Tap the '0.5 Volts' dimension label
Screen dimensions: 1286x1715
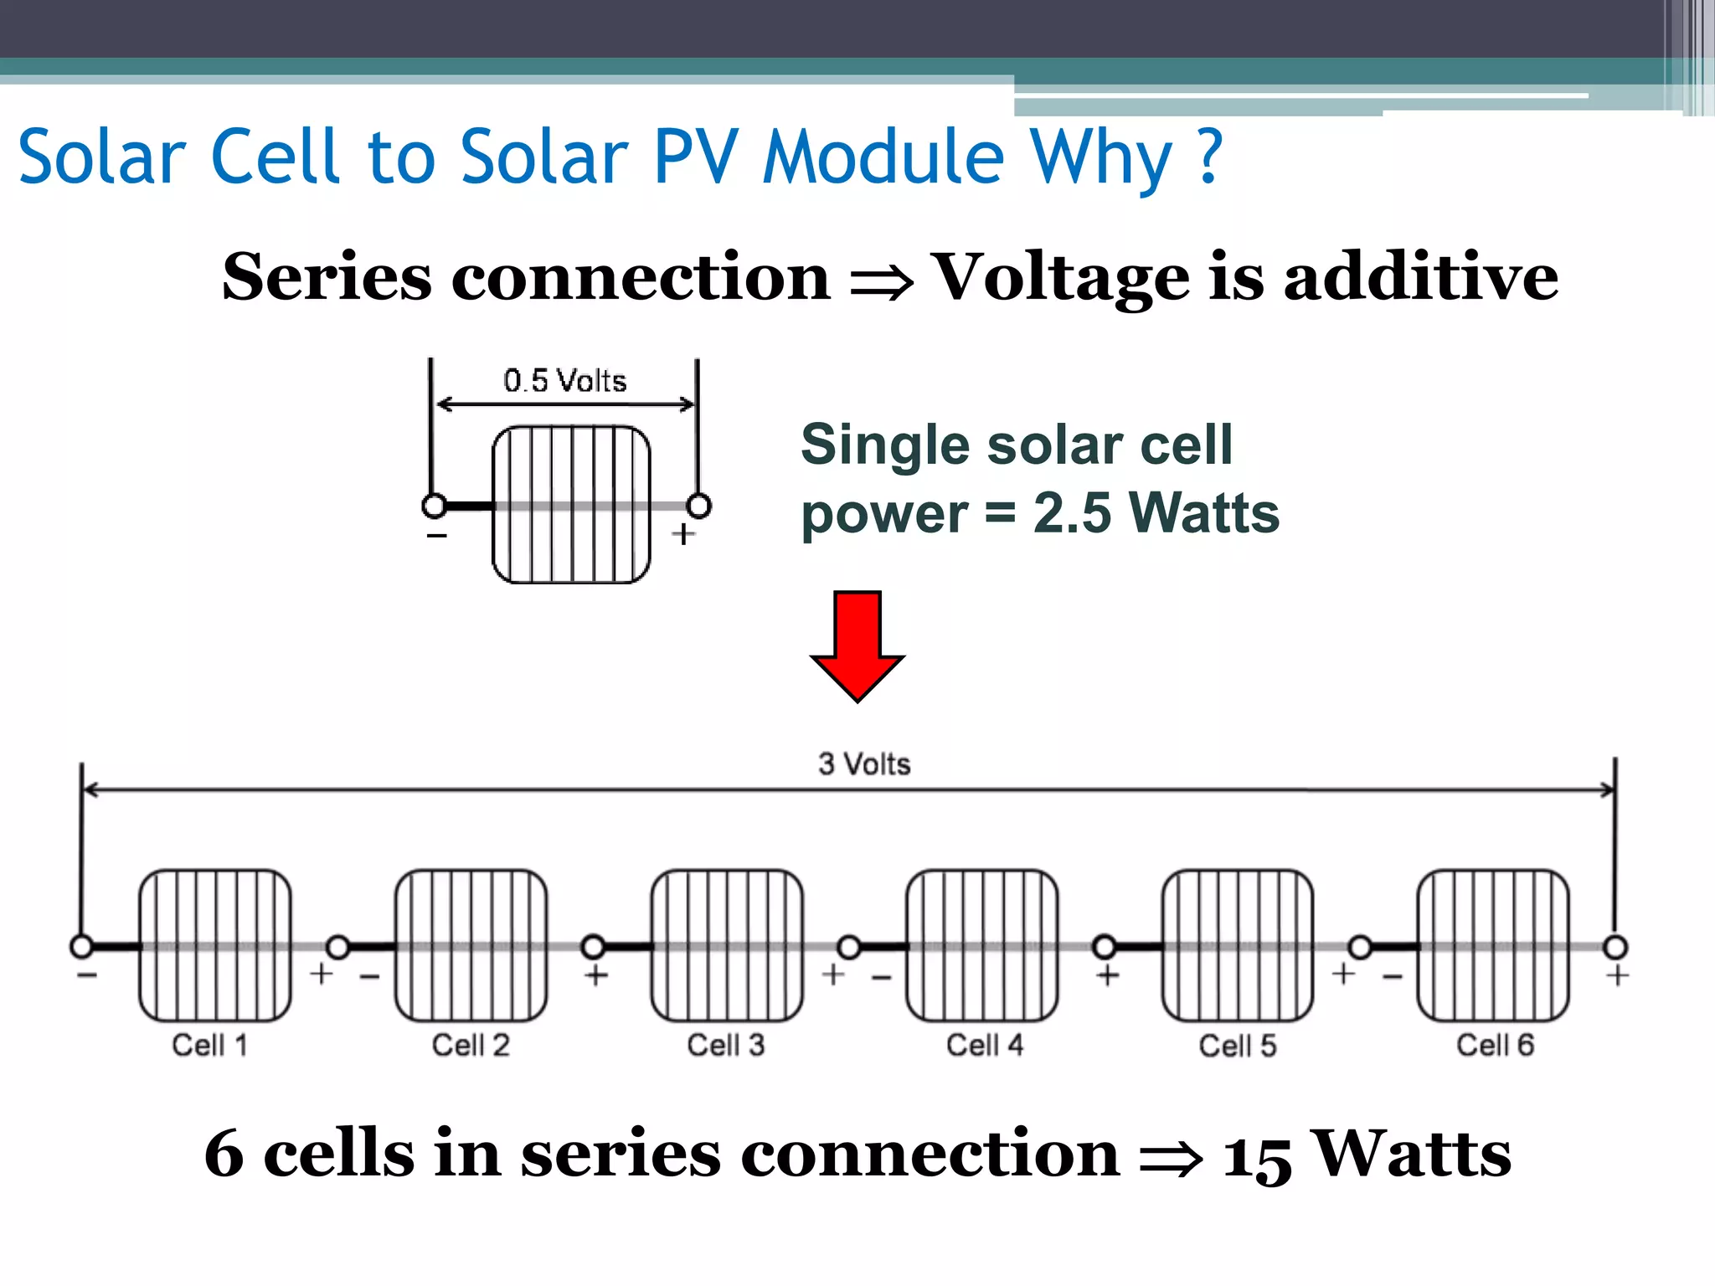tap(565, 381)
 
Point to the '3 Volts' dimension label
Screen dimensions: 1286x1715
tap(864, 764)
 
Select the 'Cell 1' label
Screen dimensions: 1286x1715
tap(210, 1046)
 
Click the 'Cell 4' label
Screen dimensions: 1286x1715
tap(985, 1046)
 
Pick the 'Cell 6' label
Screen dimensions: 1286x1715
tap(1496, 1046)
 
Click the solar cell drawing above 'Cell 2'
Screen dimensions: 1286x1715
tap(471, 945)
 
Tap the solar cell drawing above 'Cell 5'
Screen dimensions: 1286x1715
tap(1238, 945)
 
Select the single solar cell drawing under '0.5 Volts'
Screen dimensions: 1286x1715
tap(571, 504)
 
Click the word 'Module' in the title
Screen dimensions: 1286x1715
tap(883, 157)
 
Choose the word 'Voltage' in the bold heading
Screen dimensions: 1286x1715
tap(1060, 277)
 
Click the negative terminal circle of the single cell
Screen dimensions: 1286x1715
tap(435, 506)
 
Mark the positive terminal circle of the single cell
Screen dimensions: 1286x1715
tap(698, 506)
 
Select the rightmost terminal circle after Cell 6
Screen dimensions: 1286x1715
tap(1615, 947)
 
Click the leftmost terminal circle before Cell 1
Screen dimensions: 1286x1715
tap(81, 947)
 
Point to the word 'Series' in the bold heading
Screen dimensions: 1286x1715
tap(327, 277)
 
